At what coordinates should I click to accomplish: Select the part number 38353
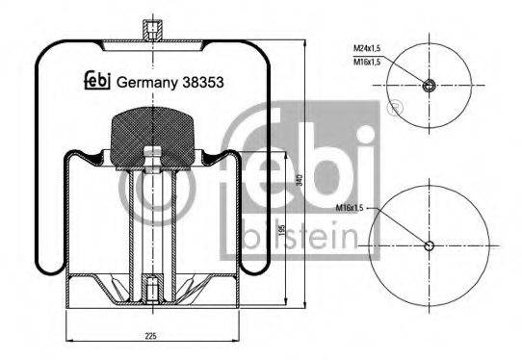(205, 83)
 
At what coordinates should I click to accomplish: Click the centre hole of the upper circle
(430, 86)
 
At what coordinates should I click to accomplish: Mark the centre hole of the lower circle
(430, 244)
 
